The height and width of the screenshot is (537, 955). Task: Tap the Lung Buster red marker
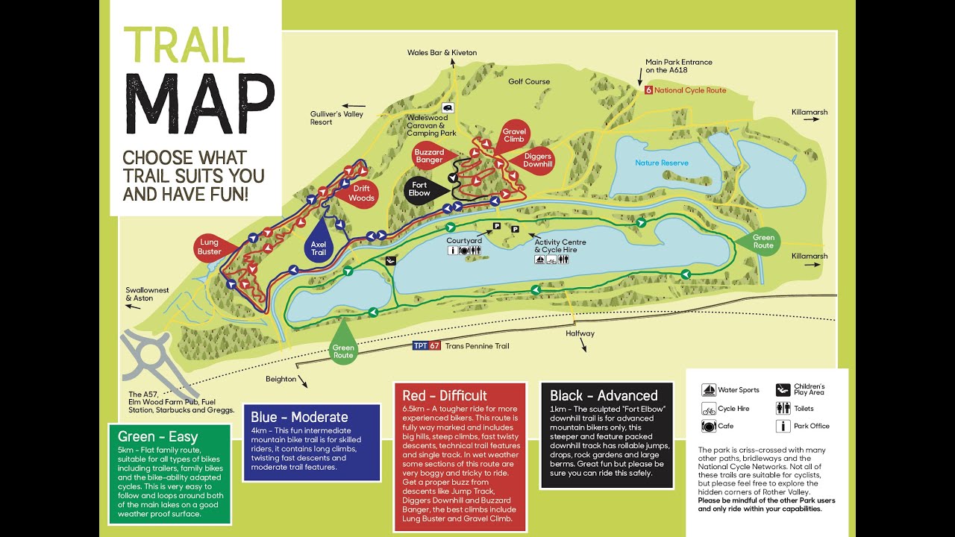(x=210, y=247)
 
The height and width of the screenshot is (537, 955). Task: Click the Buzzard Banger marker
(x=429, y=156)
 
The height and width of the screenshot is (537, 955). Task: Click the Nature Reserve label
(x=662, y=163)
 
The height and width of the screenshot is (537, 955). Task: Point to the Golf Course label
(x=529, y=81)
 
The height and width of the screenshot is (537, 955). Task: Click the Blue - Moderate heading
(x=299, y=417)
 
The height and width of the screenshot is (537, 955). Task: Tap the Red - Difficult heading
(x=445, y=395)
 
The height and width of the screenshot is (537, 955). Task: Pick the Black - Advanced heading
(x=604, y=395)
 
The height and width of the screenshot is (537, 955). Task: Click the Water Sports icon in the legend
(x=709, y=390)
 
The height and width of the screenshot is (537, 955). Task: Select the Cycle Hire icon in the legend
(x=709, y=409)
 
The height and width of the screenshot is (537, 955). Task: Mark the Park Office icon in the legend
(x=783, y=427)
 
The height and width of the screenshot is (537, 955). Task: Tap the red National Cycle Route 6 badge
(x=648, y=90)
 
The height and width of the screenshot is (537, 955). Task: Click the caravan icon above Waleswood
(x=447, y=107)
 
